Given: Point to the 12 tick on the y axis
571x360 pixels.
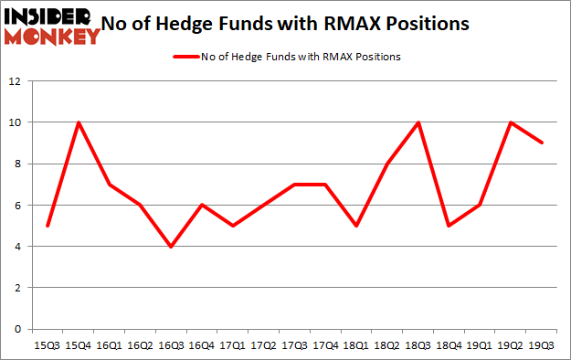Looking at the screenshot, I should point(16,81).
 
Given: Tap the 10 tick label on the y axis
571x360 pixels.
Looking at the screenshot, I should point(16,122).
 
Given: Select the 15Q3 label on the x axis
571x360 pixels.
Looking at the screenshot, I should point(47,346).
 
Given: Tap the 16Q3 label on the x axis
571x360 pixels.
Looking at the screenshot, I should point(171,346).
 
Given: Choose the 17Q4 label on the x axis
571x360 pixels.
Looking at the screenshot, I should point(326,346).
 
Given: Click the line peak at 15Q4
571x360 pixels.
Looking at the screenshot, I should point(78,122).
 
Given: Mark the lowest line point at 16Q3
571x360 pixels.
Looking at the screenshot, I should point(171,247).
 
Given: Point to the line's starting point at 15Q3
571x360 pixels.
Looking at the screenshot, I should point(47,226).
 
